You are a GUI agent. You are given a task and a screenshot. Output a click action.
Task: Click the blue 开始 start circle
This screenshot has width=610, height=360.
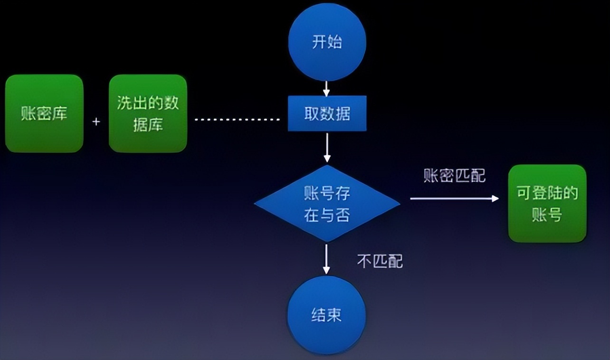(x=327, y=42)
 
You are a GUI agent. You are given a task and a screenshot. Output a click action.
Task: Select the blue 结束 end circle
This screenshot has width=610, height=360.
(x=327, y=315)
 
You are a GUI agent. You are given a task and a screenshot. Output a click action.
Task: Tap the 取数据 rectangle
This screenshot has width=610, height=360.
(x=327, y=114)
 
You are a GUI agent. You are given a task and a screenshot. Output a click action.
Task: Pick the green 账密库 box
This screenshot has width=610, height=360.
(x=44, y=114)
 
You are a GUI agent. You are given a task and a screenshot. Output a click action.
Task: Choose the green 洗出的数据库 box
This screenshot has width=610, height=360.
(x=148, y=114)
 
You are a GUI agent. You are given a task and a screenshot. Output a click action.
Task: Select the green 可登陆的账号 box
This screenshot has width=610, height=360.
(x=547, y=204)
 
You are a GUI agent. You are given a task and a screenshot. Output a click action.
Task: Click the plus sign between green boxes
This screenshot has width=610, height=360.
(x=96, y=122)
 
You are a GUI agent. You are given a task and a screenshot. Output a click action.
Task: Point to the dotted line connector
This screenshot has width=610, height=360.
(x=238, y=119)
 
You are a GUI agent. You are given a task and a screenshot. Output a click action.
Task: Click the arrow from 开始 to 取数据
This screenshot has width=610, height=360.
(x=326, y=88)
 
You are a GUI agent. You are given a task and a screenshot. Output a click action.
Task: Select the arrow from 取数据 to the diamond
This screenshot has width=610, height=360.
(x=326, y=148)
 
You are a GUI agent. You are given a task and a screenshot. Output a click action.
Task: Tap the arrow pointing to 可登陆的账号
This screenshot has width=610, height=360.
(x=454, y=199)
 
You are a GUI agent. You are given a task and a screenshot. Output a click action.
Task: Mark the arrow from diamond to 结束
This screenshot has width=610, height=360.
(x=326, y=259)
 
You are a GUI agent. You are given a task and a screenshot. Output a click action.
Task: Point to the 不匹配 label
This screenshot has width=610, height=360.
(x=380, y=261)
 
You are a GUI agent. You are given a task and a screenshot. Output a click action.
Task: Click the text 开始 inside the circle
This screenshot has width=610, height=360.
(x=327, y=42)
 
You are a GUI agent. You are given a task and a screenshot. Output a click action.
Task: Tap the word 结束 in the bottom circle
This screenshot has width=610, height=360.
(x=327, y=315)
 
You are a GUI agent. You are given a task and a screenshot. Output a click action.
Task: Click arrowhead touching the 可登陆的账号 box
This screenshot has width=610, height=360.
(x=495, y=199)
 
